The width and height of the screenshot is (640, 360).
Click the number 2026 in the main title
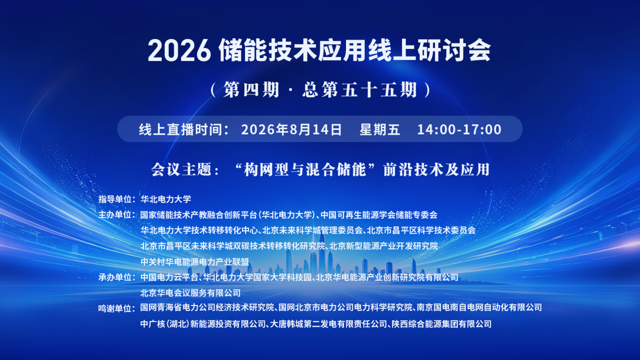179,50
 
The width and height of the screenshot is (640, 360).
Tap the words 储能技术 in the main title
268,50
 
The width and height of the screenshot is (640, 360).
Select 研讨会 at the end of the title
454,50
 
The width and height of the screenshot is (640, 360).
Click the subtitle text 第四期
251,89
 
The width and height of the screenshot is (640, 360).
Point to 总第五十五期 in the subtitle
360,89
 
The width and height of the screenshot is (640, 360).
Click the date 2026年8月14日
291,129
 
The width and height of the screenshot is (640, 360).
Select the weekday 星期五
380,129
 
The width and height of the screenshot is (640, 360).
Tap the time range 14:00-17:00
460,129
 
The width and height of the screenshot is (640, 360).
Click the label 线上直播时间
180,129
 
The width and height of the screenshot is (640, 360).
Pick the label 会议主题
181,169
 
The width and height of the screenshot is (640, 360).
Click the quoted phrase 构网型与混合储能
305,169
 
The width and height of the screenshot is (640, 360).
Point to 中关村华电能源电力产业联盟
194,262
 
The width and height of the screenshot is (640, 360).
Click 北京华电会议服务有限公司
190,293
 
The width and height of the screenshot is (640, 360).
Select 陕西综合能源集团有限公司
441,324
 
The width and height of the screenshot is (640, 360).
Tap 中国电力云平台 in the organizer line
169,277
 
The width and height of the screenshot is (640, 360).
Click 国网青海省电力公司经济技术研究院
207,307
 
